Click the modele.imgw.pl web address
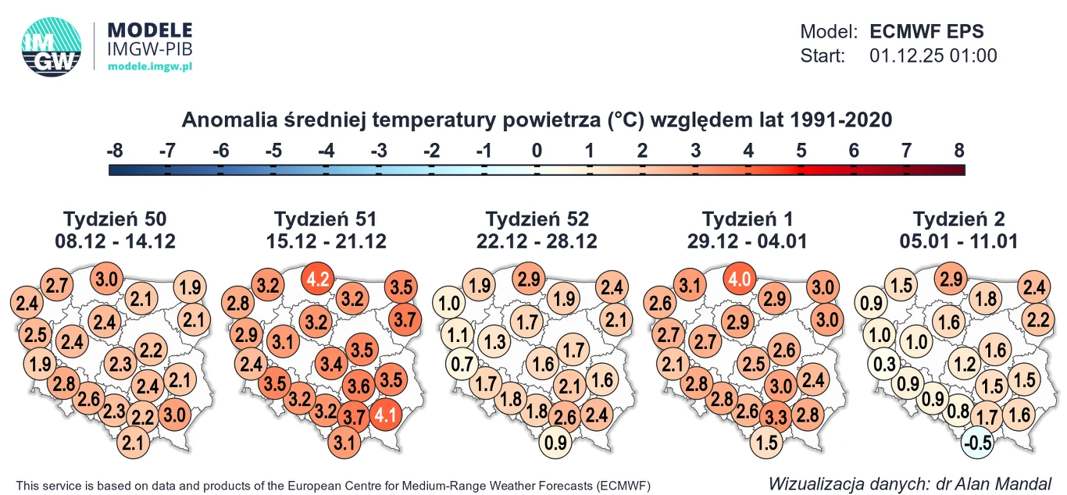149,68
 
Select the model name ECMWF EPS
926,32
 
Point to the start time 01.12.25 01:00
933,56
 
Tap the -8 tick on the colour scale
115,151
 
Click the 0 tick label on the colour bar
537,151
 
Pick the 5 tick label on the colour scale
801,151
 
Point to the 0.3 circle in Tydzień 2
884,364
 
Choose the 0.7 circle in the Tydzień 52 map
463,364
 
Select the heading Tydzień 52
537,219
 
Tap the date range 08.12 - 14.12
115,241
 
